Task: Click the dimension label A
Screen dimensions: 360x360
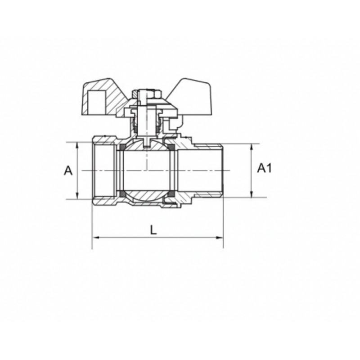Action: click(68, 171)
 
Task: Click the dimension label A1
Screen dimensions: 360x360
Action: click(264, 168)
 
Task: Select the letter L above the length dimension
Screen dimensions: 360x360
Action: click(153, 229)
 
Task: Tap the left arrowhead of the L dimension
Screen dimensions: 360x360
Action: click(95, 238)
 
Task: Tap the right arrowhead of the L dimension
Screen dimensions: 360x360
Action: click(220, 238)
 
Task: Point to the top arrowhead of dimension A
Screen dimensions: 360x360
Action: click(77, 145)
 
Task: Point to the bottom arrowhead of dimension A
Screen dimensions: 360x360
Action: click(77, 196)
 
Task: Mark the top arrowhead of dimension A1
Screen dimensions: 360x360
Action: click(252, 147)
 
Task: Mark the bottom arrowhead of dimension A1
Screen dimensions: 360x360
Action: click(252, 194)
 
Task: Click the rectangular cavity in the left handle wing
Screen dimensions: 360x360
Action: click(97, 102)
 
